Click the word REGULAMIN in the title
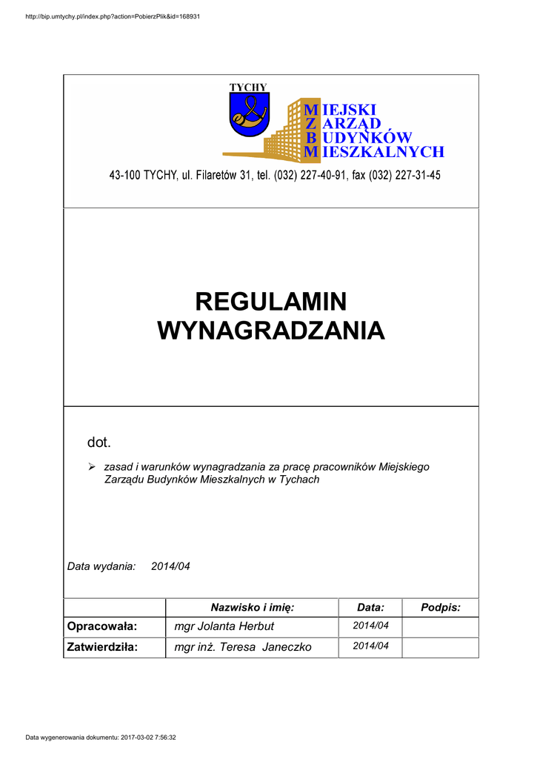[x=271, y=302]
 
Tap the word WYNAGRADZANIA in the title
[x=271, y=331]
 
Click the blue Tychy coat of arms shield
[x=249, y=116]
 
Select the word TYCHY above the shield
[x=248, y=87]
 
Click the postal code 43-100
[x=124, y=176]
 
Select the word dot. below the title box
[x=99, y=443]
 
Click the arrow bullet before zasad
[x=93, y=467]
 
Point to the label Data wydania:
[x=101, y=566]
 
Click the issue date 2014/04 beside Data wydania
[x=170, y=566]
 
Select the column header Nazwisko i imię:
[x=253, y=608]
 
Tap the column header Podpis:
[x=441, y=608]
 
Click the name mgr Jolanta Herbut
[x=224, y=627]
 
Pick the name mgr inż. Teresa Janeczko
[x=243, y=647]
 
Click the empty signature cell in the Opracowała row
[x=441, y=627]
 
